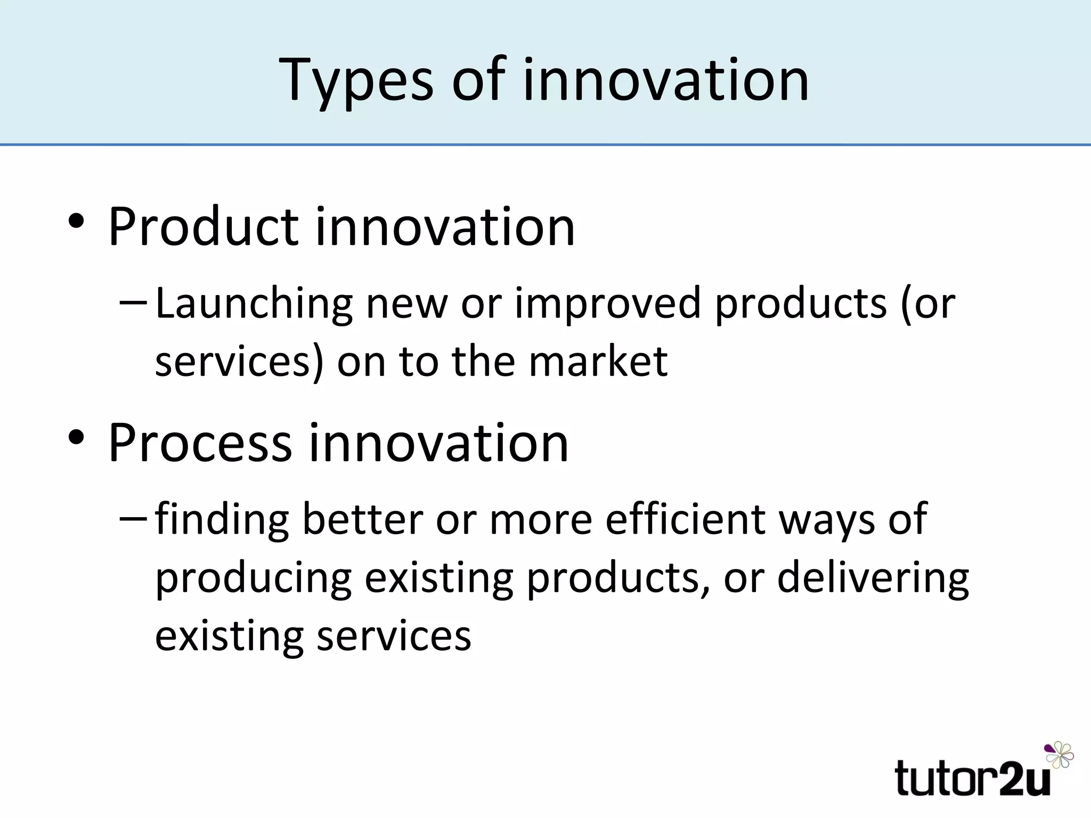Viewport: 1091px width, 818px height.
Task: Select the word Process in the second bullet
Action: [200, 443]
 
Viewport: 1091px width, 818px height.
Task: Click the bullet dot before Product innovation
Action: [76, 222]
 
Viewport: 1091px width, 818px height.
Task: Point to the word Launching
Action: [254, 304]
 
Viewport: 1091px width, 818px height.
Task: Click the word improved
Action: [607, 304]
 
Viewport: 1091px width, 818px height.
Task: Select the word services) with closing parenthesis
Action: [239, 362]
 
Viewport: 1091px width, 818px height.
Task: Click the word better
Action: [362, 519]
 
